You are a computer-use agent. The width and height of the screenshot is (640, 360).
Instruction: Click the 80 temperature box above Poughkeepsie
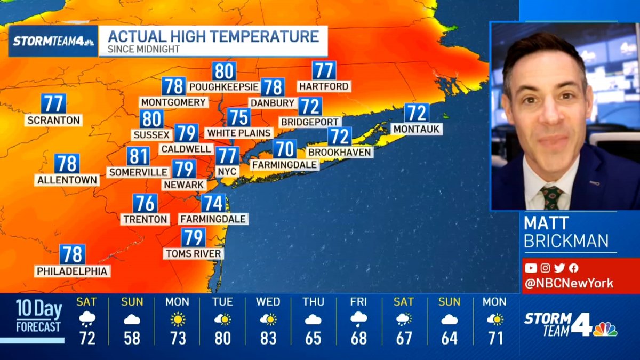224,71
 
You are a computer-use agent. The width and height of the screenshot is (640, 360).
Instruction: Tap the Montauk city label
417,129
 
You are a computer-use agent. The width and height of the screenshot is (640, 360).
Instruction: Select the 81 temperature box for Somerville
138,156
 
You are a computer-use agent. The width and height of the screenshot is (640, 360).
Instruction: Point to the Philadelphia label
72,271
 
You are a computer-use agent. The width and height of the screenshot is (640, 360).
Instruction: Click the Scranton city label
53,120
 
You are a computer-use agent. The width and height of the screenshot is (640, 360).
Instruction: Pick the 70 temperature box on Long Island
285,149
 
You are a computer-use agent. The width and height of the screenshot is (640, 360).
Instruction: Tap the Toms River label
193,253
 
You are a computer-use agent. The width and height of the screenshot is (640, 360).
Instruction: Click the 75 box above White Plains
238,117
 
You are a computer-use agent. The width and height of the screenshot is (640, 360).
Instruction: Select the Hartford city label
324,86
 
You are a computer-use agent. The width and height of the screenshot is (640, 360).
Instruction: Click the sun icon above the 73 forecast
177,319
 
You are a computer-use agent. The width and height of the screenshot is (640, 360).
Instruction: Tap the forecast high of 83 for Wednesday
268,338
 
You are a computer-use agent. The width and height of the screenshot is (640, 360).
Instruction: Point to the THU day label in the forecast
313,302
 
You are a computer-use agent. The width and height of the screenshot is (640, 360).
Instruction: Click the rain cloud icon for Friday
358,319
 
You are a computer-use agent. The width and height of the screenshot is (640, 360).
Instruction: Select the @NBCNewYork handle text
569,283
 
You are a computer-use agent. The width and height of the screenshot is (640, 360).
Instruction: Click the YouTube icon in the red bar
530,268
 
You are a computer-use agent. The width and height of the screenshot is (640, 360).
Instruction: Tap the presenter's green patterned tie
551,197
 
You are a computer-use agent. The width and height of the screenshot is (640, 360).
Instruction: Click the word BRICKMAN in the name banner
566,241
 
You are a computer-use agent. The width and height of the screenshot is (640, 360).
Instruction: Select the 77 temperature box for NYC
227,156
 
